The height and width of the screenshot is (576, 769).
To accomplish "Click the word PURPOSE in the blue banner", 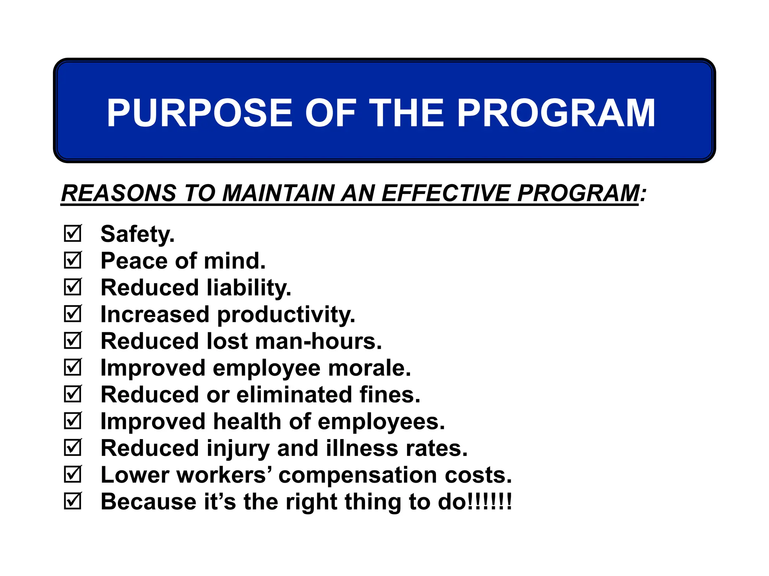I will (x=199, y=113).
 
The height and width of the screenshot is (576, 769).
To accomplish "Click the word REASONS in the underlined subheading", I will (x=119, y=193).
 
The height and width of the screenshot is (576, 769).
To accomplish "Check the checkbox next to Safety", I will (x=72, y=234).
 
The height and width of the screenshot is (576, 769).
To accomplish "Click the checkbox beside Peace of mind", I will (x=72, y=260).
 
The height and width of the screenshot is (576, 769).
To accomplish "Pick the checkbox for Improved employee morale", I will (x=72, y=367).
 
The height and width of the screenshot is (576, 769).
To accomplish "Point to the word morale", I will (x=369, y=368).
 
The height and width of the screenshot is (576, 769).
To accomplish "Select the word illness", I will (x=362, y=448).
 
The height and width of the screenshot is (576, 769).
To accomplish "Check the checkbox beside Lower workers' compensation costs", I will (x=72, y=475).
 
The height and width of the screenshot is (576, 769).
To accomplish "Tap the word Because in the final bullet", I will (x=149, y=502).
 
